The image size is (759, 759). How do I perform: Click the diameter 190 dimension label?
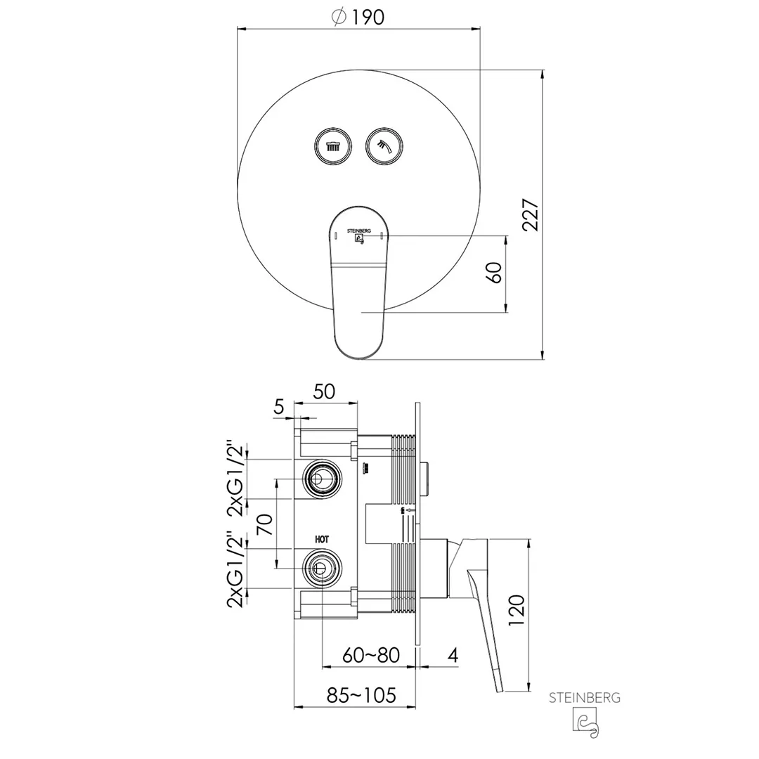click(x=358, y=17)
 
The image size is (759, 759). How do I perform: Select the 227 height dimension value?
click(x=531, y=214)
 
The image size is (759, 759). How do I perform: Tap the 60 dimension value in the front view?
click(x=494, y=273)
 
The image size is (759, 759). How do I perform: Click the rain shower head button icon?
click(x=333, y=146)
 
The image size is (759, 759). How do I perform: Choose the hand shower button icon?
click(x=384, y=146)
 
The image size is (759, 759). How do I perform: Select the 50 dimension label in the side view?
click(x=324, y=391)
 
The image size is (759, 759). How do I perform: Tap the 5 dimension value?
click(x=279, y=407)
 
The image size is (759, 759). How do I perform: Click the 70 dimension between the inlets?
click(x=265, y=524)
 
